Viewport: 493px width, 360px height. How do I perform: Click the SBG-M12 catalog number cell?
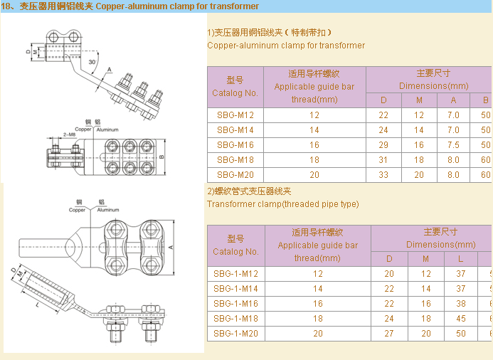[x=235, y=115]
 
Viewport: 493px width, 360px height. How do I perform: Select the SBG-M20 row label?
[x=235, y=175]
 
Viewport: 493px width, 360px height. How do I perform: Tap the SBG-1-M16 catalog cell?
[x=235, y=303]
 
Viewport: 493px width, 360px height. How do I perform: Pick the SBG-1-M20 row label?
[x=235, y=333]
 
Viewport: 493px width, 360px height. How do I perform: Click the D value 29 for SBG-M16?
[x=383, y=145]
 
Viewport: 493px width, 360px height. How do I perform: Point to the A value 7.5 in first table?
[x=453, y=145]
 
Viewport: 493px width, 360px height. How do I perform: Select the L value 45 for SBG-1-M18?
[x=461, y=318]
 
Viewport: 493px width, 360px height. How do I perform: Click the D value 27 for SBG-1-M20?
[x=389, y=333]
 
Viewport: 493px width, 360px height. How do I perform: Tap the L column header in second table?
[x=461, y=258]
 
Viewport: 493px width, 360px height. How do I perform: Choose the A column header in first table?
[x=453, y=100]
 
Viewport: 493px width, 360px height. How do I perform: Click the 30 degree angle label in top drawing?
[x=92, y=63]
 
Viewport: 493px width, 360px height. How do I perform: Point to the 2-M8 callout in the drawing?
[x=69, y=134]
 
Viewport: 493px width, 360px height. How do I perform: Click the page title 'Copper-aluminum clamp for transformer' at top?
[x=177, y=6]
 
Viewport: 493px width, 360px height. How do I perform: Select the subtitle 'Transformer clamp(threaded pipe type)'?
[x=282, y=204]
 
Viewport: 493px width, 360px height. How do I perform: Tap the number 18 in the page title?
[x=6, y=6]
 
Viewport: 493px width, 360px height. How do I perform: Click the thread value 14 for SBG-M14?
[x=314, y=130]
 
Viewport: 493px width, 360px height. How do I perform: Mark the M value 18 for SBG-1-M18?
[x=425, y=318]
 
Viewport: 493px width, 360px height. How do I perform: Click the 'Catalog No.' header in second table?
[x=235, y=252]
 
